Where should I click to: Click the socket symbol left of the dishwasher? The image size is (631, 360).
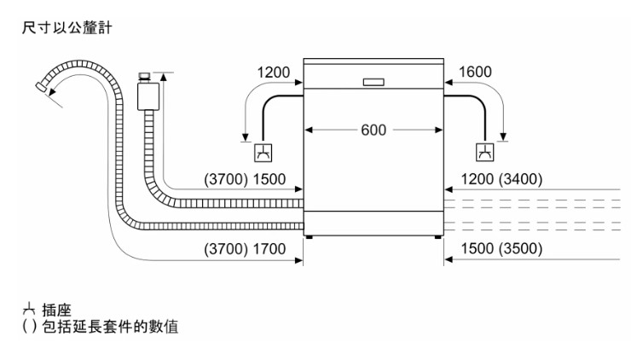click(264, 154)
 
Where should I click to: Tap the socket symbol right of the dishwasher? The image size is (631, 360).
click(484, 154)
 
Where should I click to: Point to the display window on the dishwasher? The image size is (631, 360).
click(373, 83)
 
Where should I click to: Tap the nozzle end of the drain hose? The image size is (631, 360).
click(41, 86)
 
